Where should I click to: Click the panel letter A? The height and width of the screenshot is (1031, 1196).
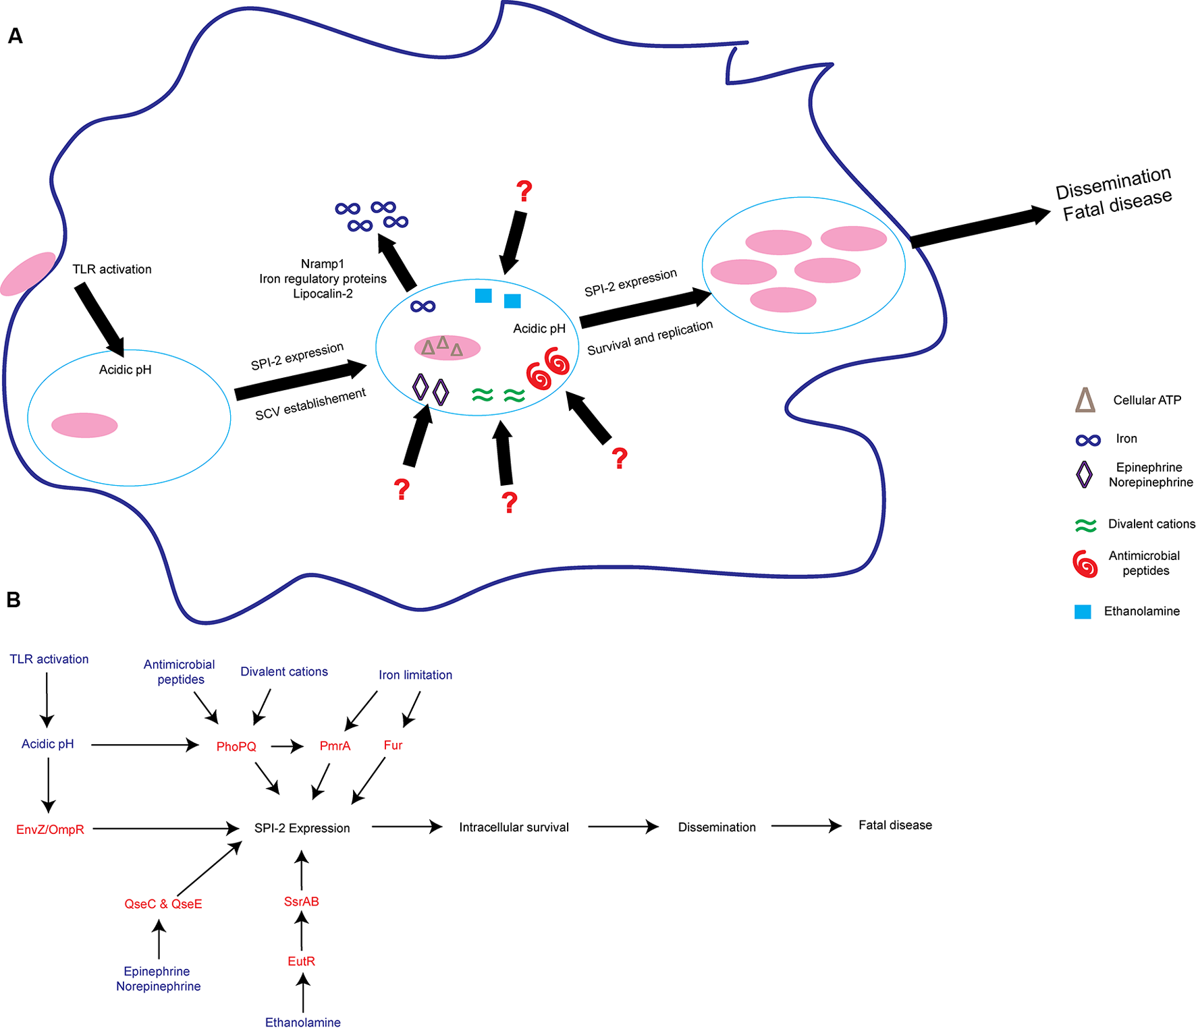(x=15, y=36)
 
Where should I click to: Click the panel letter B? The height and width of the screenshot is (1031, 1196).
(x=13, y=599)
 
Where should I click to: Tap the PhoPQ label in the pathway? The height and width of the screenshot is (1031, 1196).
(x=236, y=746)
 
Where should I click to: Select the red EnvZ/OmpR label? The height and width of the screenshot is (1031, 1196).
(x=51, y=829)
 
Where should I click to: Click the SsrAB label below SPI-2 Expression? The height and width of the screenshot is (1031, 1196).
(x=301, y=901)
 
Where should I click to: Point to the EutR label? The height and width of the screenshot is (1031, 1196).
(x=301, y=961)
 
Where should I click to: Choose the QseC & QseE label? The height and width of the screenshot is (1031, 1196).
(x=163, y=903)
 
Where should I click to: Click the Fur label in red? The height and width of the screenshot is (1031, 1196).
(x=393, y=745)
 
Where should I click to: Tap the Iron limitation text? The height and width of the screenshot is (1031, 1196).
(x=415, y=675)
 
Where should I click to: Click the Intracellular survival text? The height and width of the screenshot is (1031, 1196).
(x=514, y=827)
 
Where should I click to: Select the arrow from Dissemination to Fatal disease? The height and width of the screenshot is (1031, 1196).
(x=806, y=825)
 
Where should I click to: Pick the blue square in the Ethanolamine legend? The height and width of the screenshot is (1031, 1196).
(x=1083, y=611)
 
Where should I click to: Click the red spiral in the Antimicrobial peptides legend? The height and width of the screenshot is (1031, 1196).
(x=1085, y=563)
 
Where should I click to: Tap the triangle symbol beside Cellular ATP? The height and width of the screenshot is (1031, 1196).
(x=1085, y=400)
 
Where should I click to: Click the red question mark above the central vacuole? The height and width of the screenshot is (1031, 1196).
(x=524, y=191)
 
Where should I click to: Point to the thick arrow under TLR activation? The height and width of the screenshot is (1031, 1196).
(x=100, y=320)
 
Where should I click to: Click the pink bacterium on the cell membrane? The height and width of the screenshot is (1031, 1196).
(x=28, y=273)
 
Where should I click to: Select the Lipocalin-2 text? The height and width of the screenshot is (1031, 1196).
(x=323, y=294)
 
